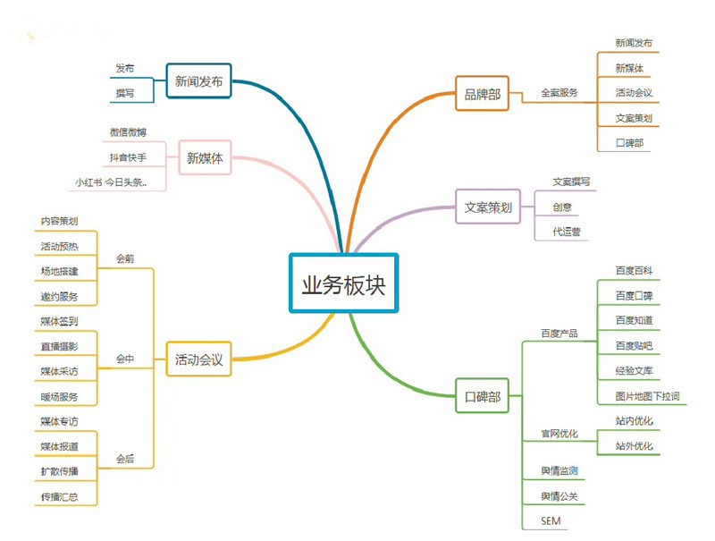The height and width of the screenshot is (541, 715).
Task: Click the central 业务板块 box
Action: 343,283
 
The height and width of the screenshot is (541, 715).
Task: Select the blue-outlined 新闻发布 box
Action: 198,81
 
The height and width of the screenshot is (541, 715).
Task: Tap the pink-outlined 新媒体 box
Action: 205,158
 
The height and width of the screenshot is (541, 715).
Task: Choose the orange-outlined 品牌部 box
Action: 482,94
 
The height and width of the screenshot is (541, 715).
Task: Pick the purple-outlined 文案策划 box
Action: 488,207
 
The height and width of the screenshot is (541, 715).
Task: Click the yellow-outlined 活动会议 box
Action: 198,359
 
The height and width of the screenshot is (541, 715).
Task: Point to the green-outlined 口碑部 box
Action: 482,396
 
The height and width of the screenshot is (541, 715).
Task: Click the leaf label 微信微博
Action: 128,132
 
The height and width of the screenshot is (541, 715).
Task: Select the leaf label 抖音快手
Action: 128,157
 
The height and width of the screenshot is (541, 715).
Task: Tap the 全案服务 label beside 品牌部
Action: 559,93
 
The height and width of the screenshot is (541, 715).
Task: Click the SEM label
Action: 551,521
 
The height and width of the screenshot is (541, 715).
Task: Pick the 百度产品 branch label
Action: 559,334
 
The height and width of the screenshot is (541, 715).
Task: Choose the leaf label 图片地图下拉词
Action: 647,396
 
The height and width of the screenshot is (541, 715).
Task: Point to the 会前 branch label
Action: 125,258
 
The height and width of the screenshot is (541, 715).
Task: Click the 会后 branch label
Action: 125,459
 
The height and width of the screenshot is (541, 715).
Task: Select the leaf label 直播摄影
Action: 59,346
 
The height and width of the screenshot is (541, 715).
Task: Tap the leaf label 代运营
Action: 567,232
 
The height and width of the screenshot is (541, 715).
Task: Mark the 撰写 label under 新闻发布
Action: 125,93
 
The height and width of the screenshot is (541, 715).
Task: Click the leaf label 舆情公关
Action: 559,495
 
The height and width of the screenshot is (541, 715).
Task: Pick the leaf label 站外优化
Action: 634,445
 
